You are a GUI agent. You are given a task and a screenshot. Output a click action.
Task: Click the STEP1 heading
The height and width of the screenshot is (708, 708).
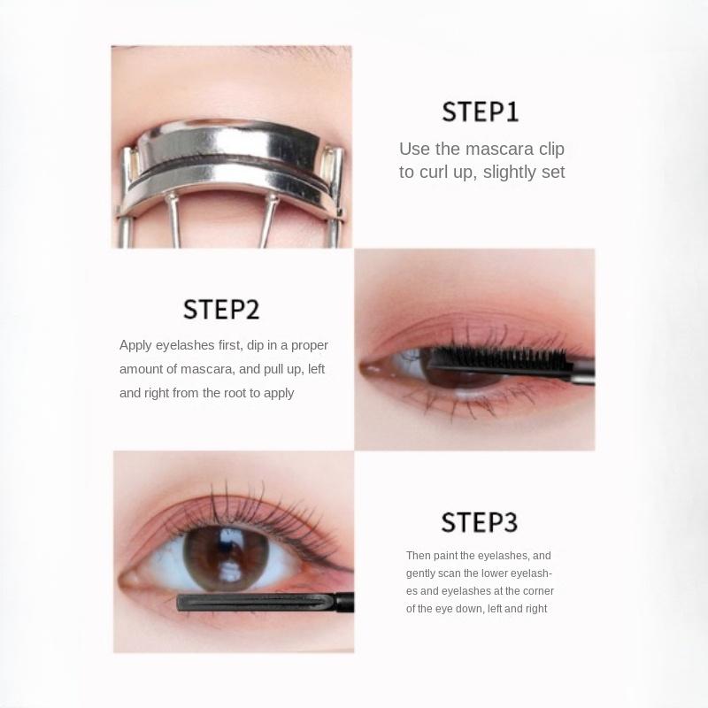point(481,112)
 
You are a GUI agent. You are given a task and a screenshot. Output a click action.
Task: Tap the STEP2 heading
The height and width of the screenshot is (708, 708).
point(221,310)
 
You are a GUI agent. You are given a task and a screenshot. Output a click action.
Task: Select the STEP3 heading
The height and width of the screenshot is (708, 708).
point(479,521)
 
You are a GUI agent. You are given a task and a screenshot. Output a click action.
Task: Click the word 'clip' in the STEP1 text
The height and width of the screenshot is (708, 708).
point(549,149)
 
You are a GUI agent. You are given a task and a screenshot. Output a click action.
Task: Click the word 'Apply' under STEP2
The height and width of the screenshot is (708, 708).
point(137,345)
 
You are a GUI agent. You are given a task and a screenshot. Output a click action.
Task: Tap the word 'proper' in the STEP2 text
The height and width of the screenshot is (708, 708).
point(310,345)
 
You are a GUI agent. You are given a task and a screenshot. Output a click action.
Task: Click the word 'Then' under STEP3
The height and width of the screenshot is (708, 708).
point(418,556)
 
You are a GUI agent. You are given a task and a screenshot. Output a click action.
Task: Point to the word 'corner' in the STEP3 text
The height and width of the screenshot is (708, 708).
point(537,591)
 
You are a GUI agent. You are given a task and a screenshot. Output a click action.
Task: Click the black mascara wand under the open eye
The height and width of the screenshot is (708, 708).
point(257,604)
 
